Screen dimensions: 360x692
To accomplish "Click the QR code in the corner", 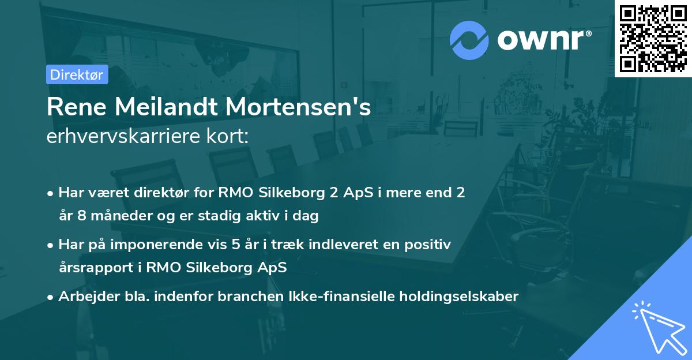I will pos(653,38).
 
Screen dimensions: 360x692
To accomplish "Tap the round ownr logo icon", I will pos(469,40).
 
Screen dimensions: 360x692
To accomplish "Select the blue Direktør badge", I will pos(77,74).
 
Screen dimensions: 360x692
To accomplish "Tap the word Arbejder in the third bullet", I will pos(84,297).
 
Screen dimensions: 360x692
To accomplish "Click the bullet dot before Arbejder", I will pos(51,297).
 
